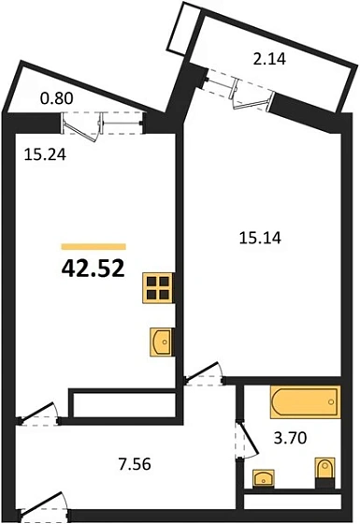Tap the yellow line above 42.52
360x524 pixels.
[x=94, y=246]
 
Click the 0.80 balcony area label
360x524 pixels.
[x=55, y=95]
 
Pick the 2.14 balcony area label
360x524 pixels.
[x=270, y=64]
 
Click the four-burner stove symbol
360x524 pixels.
[x=158, y=288]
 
